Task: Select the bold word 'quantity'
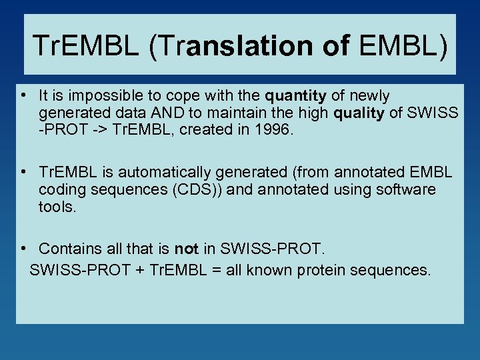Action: (296, 97)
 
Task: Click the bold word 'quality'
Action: (359, 113)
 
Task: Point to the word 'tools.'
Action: (57, 207)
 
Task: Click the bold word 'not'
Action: (187, 249)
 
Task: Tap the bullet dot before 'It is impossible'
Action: (24, 95)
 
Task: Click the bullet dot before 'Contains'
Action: (24, 248)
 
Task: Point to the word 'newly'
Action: (370, 97)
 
